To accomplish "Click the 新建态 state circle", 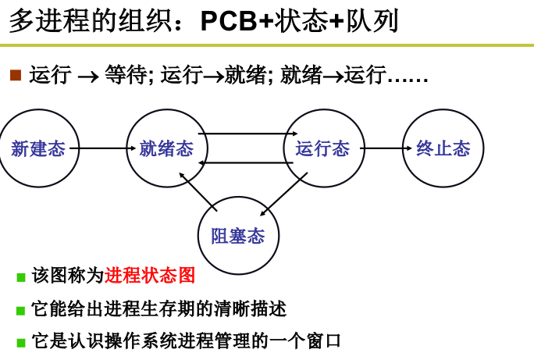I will [38, 148].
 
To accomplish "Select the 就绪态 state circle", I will [166, 148].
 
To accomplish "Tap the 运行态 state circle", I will [323, 148].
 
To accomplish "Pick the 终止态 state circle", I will [443, 148].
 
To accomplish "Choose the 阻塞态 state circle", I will [238, 236].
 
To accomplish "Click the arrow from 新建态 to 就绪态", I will [102, 148].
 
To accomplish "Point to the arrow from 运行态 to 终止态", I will [386, 148].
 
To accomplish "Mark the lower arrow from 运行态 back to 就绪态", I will [246, 162].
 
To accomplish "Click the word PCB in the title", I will [229, 21].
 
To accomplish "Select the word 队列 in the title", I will [372, 21].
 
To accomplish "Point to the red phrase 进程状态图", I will [150, 276].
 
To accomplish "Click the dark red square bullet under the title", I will [16, 75].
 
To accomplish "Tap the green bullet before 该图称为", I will [21, 277].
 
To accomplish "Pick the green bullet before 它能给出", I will [21, 311].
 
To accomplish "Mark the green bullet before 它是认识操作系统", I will [21, 343].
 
